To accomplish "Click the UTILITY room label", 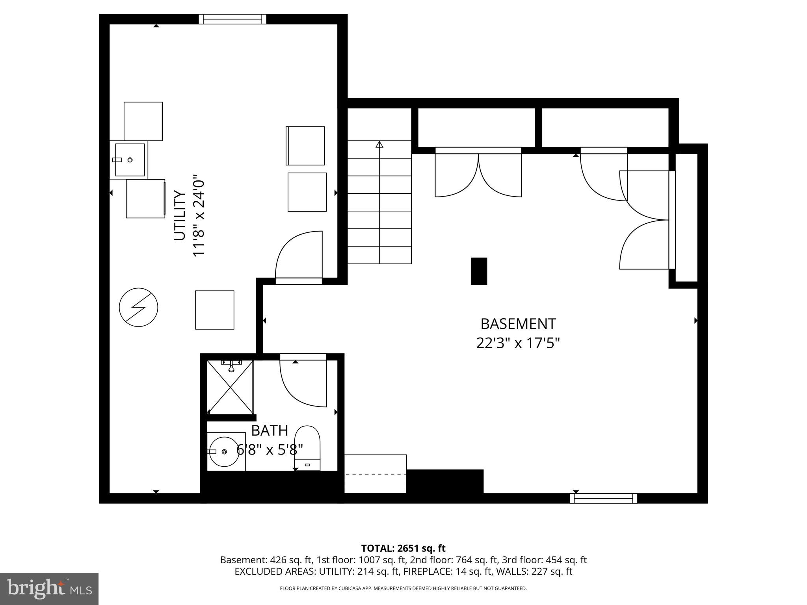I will coord(180,215).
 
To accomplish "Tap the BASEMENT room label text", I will coord(518,324).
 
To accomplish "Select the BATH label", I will coord(270,431).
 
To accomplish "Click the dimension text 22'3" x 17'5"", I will coord(518,343).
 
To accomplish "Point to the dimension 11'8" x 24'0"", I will coord(199,215).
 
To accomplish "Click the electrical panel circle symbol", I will coord(138,308).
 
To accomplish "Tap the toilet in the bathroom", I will coord(307,448).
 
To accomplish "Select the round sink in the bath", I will coord(223,452).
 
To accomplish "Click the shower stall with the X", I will coord(230,387).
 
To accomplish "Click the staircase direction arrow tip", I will coord(379,144).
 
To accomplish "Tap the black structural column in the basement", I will coord(479,271).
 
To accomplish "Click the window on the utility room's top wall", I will coord(232,19).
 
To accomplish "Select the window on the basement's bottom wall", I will coord(603,498).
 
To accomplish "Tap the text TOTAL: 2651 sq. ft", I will coord(403,548).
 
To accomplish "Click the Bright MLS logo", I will coord(49,588).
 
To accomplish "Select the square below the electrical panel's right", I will coord(215,310).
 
